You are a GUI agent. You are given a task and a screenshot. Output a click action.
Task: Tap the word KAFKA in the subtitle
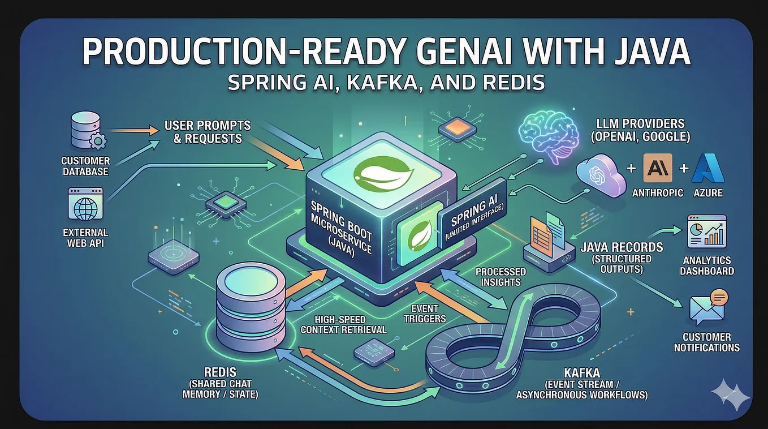pyautogui.click(x=384, y=83)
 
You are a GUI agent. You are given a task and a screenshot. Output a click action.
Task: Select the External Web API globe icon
pyautogui.click(x=85, y=204)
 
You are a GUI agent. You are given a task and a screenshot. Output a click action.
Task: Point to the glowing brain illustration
pyautogui.click(x=548, y=136)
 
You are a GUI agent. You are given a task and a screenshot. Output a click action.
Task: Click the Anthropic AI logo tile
pyautogui.click(x=658, y=168)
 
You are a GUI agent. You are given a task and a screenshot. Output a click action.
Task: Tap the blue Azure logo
pyautogui.click(x=707, y=168)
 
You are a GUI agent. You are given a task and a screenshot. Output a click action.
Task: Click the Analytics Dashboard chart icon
pyautogui.click(x=707, y=231)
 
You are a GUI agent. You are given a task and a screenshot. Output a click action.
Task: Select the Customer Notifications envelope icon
pyautogui.click(x=708, y=307)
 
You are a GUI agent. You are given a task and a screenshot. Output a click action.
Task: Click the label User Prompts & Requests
pyautogui.click(x=208, y=132)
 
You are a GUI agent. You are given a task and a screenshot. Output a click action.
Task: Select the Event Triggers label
pyautogui.click(x=425, y=314)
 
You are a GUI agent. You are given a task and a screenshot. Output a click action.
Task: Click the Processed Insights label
pyautogui.click(x=501, y=277)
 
